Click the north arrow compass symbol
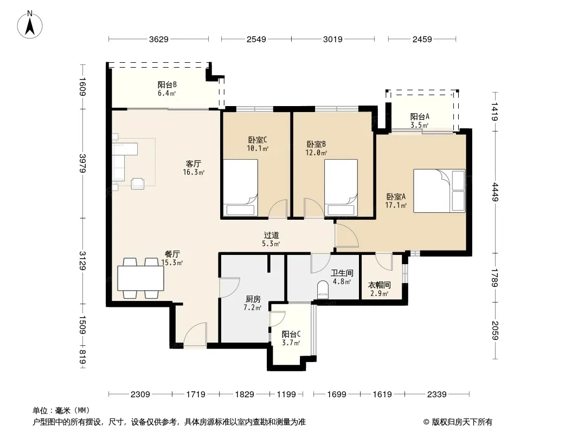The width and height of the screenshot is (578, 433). pos(30,24)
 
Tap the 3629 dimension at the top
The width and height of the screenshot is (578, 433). pos(158,39)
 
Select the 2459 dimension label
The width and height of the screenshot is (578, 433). pos(422,39)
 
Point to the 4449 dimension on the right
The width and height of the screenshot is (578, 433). pos(494,192)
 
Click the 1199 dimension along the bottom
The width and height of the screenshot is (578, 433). pos(286,395)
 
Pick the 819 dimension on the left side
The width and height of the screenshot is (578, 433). pos(82,357)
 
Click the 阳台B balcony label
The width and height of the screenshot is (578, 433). pos(167,85)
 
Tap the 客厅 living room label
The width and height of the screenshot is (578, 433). pos(194,163)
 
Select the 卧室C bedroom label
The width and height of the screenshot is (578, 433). pos(258,140)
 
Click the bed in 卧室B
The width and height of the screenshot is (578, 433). pos(341,188)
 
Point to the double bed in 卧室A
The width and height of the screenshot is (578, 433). pos(439,191)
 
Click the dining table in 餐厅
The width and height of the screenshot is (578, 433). pos(141,278)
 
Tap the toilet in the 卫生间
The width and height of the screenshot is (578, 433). pos(323,289)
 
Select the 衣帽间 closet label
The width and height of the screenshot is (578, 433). pos(380,285)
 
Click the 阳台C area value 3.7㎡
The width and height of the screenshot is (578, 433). pos(291,343)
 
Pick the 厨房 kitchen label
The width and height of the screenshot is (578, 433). pos(253,299)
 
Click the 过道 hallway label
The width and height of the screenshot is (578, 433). pos(271,235)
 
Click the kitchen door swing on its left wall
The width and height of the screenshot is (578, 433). pos(229,287)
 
